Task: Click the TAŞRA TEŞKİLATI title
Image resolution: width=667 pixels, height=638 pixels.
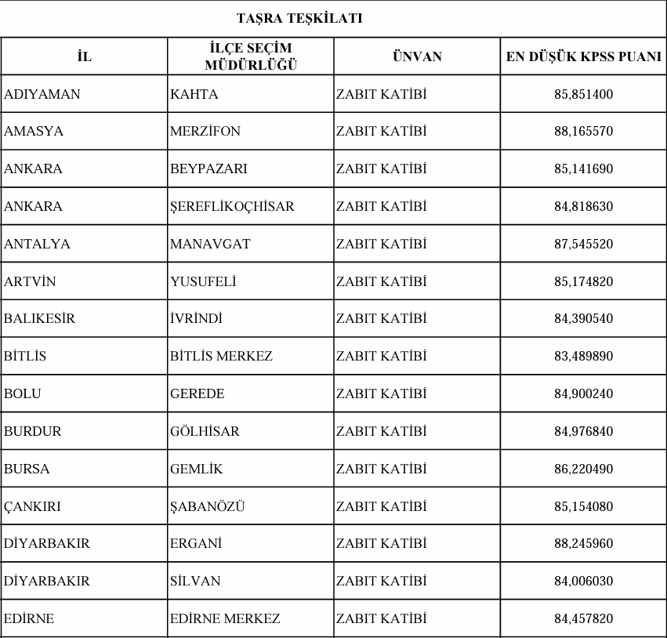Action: click(299, 18)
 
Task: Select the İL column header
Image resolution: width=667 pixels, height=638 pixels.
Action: click(84, 56)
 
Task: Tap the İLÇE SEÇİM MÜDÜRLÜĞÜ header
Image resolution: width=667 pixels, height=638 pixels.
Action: click(251, 56)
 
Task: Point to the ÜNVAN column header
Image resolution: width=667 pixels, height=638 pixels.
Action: click(417, 56)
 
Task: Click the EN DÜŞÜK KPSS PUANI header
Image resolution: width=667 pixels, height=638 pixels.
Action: click(583, 56)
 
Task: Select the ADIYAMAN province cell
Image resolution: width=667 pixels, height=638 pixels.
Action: click(42, 94)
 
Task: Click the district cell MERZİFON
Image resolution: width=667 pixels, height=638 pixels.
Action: click(205, 132)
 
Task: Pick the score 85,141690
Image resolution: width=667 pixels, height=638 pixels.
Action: click(583, 169)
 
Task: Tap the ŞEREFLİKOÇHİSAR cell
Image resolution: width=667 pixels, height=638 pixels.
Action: click(232, 207)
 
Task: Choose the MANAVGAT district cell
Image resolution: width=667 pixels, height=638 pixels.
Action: click(210, 244)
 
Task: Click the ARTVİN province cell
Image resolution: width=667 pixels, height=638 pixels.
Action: click(30, 281)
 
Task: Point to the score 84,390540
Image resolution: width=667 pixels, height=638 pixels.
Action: click(583, 319)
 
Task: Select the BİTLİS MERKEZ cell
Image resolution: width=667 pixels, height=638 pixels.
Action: click(221, 356)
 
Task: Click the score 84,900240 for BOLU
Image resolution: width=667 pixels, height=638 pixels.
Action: click(583, 393)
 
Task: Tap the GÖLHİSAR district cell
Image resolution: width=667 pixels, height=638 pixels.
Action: click(205, 431)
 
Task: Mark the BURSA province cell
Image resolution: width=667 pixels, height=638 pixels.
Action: click(27, 469)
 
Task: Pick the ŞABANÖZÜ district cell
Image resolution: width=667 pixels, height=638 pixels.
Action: click(207, 506)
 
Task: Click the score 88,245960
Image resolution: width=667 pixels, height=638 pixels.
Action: click(583, 543)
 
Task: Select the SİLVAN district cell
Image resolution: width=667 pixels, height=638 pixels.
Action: click(195, 581)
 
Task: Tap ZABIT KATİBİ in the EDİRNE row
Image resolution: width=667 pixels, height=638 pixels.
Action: click(382, 618)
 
